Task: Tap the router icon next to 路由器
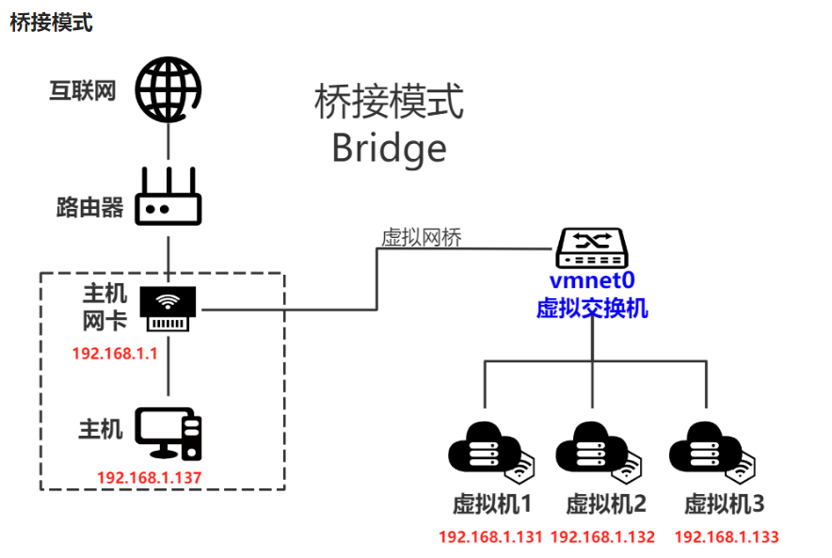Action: point(168,198)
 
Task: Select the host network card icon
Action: point(168,309)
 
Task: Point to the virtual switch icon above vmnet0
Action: point(591,247)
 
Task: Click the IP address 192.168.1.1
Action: point(114,354)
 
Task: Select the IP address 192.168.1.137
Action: point(150,477)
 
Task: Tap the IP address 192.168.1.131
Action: point(491,537)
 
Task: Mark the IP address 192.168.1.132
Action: point(602,537)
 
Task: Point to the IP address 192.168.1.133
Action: point(727,537)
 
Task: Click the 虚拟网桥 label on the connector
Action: point(421,237)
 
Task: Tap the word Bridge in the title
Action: point(389,148)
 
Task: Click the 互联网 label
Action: point(83,91)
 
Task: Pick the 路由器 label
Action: point(90,207)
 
